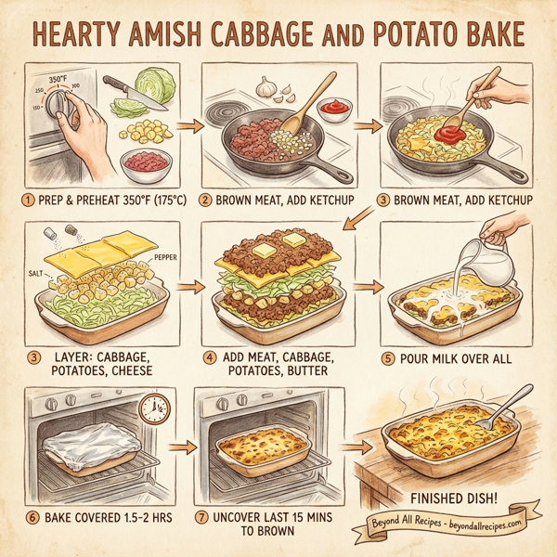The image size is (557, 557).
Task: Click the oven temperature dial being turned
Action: pyautogui.click(x=58, y=103)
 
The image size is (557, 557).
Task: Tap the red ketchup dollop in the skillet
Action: pyautogui.click(x=445, y=136)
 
